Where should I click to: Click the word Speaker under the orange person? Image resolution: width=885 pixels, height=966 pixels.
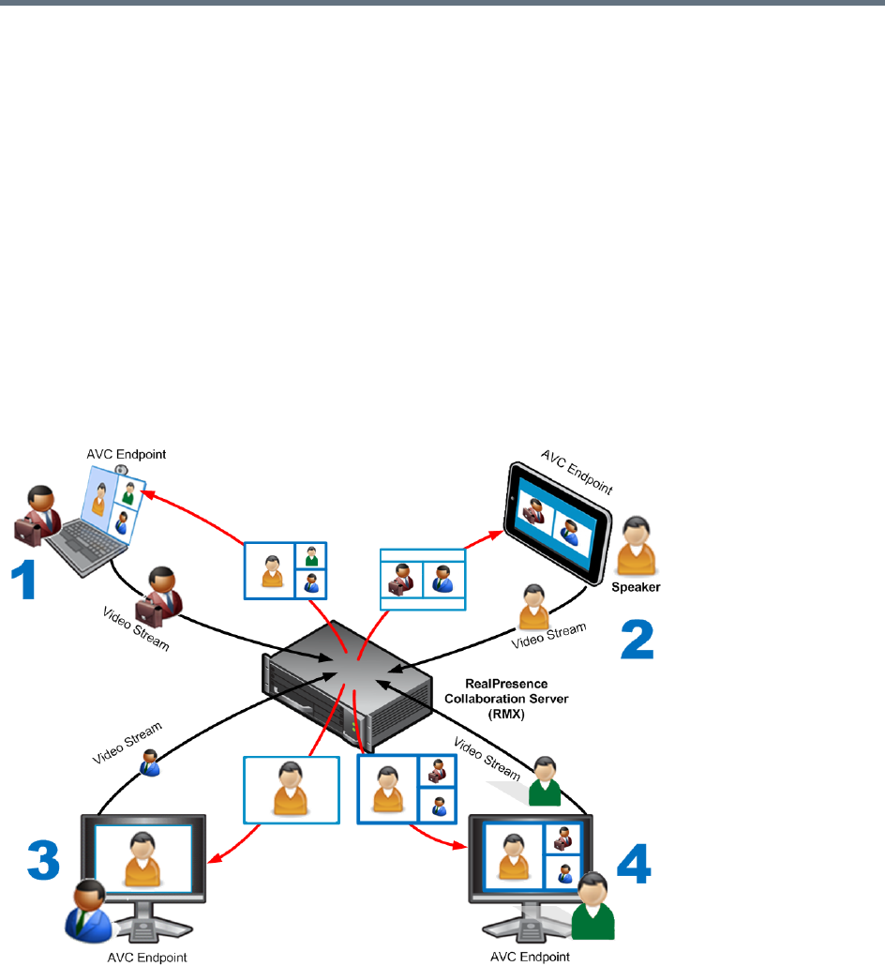coord(637,588)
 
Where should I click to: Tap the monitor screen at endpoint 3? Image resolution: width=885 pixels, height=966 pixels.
coord(143,858)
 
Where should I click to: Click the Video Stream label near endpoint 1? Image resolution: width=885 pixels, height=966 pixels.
coord(135,627)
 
